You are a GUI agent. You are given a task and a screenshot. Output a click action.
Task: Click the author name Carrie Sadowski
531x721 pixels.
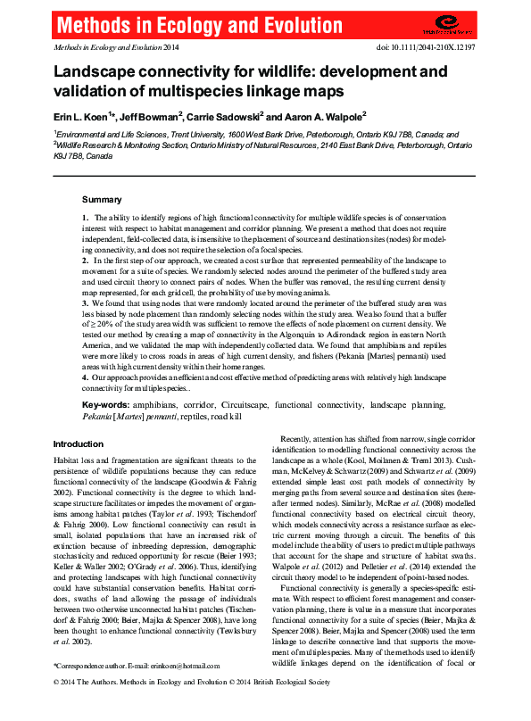click(x=223, y=116)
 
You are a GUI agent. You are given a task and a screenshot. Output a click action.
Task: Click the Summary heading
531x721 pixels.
click(x=102, y=199)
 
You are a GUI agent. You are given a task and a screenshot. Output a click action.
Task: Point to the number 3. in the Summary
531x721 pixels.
click(x=85, y=304)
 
